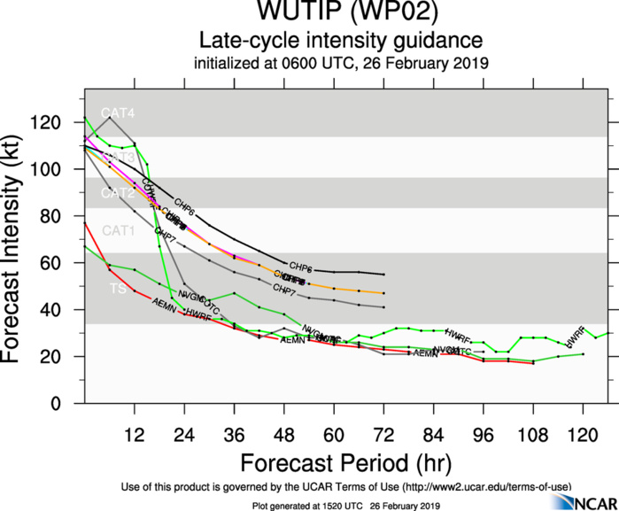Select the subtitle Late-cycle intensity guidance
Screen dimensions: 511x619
click(x=340, y=41)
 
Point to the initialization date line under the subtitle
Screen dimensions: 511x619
click(x=340, y=64)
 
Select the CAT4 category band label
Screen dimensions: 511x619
click(x=118, y=113)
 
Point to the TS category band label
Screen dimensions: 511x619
click(x=116, y=289)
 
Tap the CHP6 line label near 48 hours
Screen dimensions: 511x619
click(x=300, y=267)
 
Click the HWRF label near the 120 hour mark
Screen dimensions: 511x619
click(x=576, y=336)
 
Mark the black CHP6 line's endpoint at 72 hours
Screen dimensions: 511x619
click(x=383, y=275)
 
